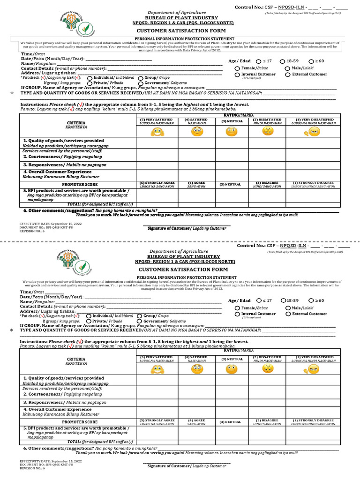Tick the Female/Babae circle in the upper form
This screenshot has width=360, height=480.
point(237,68)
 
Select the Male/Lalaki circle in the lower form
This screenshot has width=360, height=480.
point(287,307)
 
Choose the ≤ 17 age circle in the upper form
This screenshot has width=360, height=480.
point(259,61)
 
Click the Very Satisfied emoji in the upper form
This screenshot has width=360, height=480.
point(156,132)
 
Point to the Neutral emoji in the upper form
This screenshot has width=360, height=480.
point(231,132)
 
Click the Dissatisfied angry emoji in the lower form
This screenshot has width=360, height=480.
point(268,369)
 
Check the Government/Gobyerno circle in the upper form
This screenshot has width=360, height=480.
point(141,83)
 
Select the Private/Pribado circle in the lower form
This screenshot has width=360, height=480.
point(90,322)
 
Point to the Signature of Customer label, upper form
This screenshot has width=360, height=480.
point(187,228)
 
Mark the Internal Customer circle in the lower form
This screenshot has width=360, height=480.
point(237,314)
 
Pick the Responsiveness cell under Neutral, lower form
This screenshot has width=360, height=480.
point(231,402)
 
